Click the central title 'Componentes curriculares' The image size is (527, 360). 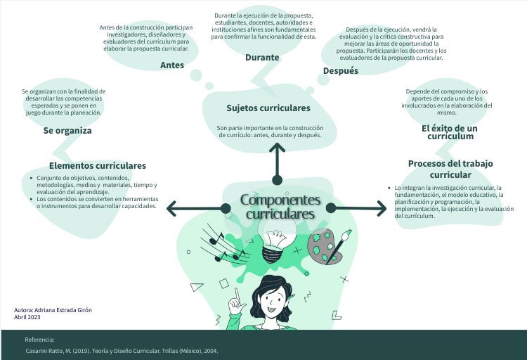pos(280,206)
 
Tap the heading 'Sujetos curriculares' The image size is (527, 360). pos(268,108)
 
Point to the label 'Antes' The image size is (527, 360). pos(172,65)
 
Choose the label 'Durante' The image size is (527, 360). pos(262,58)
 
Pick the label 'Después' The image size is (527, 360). pos(340,71)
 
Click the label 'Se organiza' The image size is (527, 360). pos(67,131)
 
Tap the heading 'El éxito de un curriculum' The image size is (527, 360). pos(450,132)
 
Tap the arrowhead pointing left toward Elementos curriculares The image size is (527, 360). pos(171,208)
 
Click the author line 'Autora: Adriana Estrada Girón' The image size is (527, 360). pos(53,310)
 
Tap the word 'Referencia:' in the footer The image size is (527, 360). pos(39,340)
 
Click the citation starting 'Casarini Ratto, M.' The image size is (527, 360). pos(122,351)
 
